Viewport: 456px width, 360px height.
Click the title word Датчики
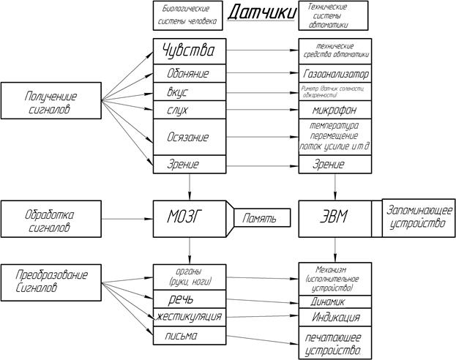tap(261, 13)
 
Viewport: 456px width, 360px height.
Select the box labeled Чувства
tap(189, 52)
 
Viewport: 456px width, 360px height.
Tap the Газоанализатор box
tap(335, 74)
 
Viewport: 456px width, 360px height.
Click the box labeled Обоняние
tap(189, 74)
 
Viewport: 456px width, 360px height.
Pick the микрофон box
tap(335, 110)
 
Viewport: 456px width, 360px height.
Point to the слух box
tap(189, 110)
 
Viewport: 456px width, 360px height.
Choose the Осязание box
tap(189, 137)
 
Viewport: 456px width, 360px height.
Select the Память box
tap(260, 218)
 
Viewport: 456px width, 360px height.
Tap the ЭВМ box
tap(335, 218)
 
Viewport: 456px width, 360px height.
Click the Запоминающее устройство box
tap(418, 218)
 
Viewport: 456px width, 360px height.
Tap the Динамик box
tap(335, 301)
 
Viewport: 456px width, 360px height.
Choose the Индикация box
tap(335, 318)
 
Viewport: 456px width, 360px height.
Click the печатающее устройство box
tap(335, 343)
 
